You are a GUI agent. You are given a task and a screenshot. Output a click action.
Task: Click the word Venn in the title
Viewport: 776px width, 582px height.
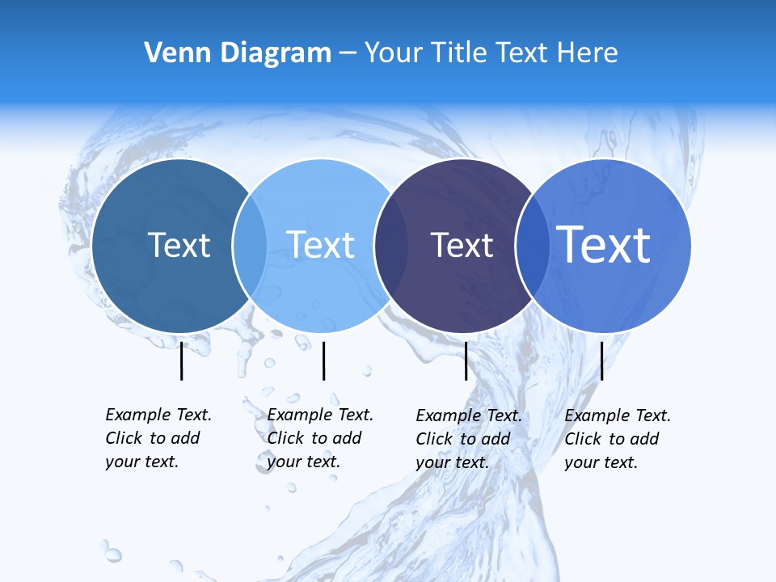click(172, 53)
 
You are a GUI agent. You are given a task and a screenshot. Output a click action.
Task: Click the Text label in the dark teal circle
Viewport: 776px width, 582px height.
click(179, 245)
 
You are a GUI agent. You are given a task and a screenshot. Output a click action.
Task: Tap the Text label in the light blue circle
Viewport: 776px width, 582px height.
click(320, 245)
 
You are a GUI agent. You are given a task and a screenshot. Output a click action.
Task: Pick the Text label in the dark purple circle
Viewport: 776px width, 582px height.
click(462, 246)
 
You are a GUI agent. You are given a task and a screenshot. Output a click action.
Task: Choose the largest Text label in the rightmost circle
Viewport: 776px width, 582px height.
click(604, 244)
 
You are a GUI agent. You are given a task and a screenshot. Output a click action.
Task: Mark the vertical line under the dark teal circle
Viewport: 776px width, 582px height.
click(182, 361)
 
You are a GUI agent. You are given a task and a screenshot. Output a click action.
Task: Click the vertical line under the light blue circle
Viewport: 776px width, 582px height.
click(323, 361)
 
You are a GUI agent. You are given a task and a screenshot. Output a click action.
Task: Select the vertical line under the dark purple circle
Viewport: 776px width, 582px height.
click(466, 361)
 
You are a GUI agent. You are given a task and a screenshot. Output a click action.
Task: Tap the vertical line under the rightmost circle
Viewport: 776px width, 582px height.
click(601, 361)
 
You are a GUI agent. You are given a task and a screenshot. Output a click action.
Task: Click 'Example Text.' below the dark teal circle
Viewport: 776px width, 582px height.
click(158, 415)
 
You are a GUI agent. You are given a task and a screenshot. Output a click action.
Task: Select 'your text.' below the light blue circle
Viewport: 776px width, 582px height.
click(303, 462)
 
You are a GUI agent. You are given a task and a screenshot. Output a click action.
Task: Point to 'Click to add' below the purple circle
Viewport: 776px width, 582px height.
click(463, 439)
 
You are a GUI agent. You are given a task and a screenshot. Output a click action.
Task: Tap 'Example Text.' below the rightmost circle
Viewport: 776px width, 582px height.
click(618, 415)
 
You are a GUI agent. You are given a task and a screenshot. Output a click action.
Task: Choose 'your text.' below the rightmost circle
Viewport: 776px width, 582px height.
click(601, 462)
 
